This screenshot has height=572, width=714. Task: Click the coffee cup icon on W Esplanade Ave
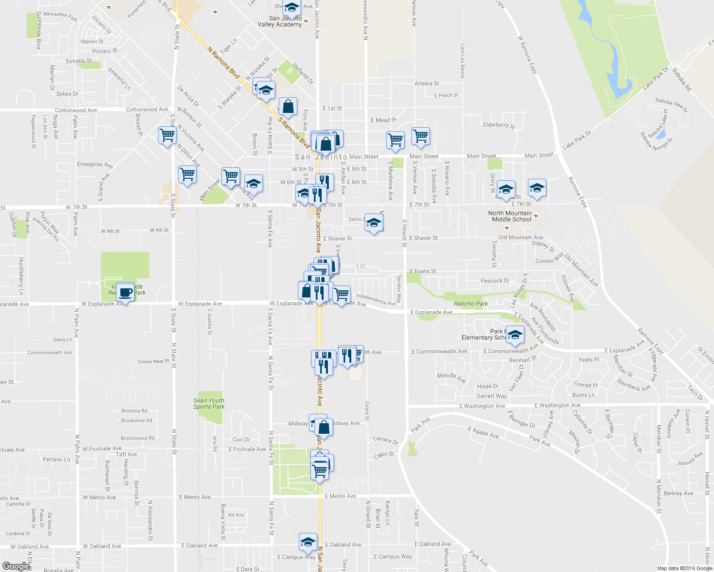[126, 292]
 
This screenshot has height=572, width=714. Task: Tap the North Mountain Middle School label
[510, 216]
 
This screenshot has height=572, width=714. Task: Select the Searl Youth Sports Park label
[209, 404]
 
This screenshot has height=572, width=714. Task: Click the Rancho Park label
[471, 304]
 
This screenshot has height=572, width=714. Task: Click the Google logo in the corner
[16, 566]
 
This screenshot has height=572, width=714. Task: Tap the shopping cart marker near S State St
[167, 135]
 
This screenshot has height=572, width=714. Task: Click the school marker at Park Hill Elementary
[514, 335]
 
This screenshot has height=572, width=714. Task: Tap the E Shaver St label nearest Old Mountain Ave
[423, 238]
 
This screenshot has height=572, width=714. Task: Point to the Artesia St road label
[427, 83]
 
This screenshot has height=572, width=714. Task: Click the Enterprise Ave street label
[95, 164]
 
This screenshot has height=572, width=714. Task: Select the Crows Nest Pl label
[153, 361]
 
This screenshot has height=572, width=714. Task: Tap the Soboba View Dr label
[671, 105]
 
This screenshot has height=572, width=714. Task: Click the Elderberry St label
[499, 125]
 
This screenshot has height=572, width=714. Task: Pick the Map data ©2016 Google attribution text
[684, 568]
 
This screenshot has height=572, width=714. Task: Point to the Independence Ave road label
[376, 299]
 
